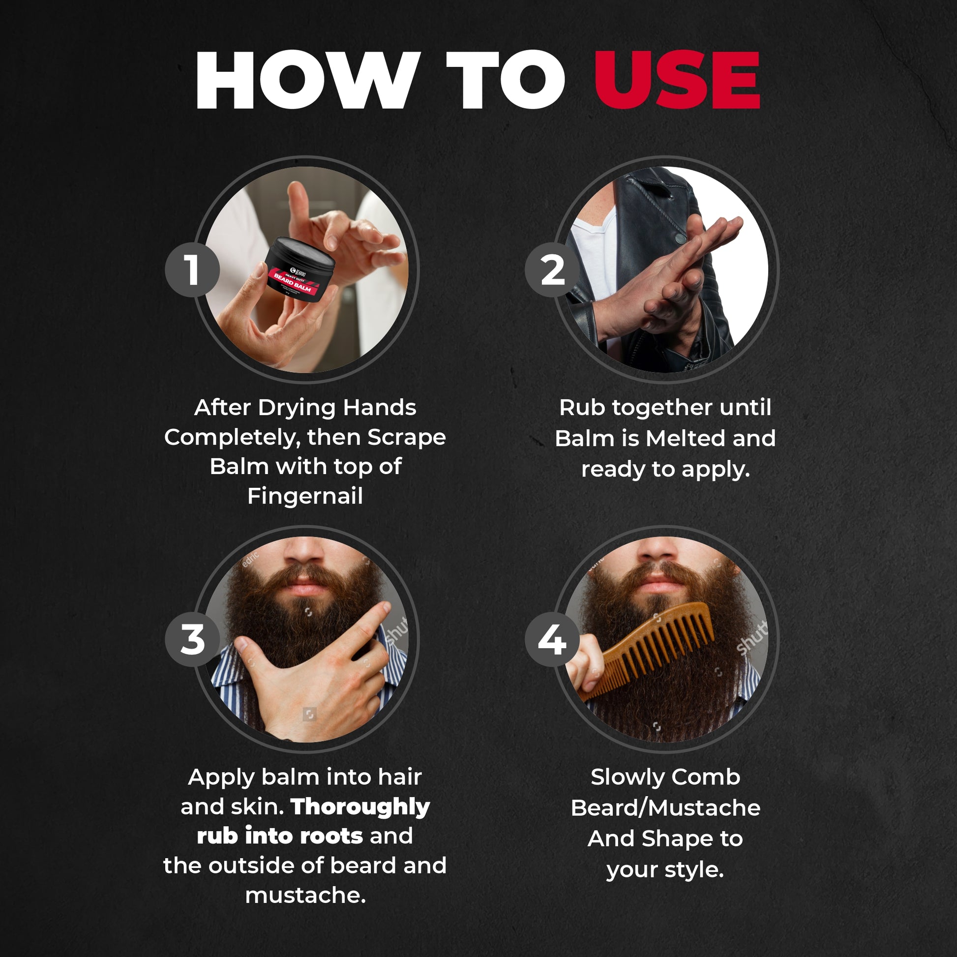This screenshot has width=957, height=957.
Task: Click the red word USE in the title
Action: pos(677,80)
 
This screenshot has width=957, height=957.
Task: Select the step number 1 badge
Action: pos(192,270)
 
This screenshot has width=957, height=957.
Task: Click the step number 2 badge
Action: pos(552,270)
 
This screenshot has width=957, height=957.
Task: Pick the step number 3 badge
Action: pos(192,639)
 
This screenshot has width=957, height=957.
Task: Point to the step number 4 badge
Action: pos(552,639)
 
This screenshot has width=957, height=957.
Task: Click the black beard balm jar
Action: pos(299,270)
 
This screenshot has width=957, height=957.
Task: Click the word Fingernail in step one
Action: pos(305,496)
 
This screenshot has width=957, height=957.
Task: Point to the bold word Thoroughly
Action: pos(360,807)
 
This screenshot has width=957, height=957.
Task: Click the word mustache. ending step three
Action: pos(305,896)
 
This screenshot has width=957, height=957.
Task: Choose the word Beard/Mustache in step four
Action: pos(665,808)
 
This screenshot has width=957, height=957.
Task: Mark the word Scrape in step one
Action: pos(407,437)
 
